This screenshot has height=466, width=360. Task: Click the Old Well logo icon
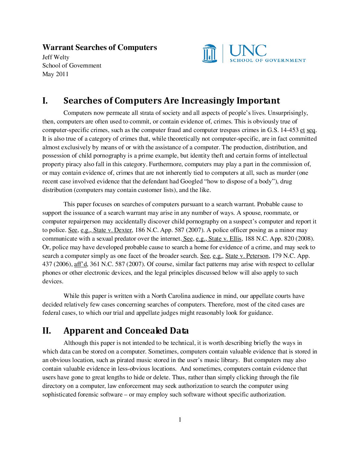pyautogui.click(x=209, y=53)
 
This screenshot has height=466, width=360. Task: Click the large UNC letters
pyautogui.click(x=248, y=51)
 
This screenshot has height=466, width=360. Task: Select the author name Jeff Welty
pyautogui.click(x=56, y=57)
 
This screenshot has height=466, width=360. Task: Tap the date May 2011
pyautogui.click(x=55, y=74)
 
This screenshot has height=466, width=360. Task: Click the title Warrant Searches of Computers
pyautogui.click(x=100, y=47)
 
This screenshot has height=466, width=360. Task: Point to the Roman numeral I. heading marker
pyautogui.click(x=45, y=101)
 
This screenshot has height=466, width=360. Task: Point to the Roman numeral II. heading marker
pyautogui.click(x=47, y=331)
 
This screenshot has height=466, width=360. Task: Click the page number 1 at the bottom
pyautogui.click(x=180, y=420)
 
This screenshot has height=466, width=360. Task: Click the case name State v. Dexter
pyautogui.click(x=113, y=230)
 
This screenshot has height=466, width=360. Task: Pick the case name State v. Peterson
pyautogui.click(x=247, y=256)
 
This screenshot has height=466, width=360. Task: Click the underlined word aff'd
pyautogui.click(x=80, y=264)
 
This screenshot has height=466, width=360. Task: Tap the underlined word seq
pyautogui.click(x=311, y=130)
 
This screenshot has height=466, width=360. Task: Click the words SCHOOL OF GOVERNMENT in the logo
pyautogui.click(x=268, y=60)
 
